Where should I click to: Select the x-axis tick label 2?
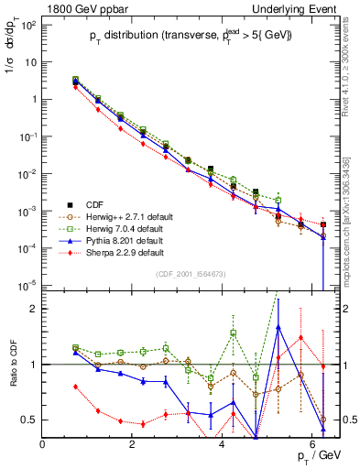[133, 443]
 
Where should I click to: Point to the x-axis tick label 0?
[43, 443]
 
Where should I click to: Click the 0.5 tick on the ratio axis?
[29, 420]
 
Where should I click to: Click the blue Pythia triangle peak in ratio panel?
[278, 327]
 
